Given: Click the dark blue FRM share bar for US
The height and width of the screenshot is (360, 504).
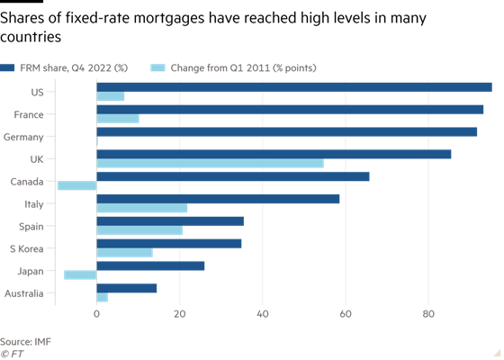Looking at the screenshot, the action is (294, 87).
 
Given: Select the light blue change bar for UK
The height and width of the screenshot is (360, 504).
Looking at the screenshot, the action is (211, 163).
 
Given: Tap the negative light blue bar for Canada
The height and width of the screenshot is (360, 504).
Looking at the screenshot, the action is (77, 185).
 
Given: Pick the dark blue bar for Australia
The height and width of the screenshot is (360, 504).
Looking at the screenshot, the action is (127, 288).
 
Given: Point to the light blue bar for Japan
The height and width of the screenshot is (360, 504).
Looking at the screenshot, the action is (80, 274).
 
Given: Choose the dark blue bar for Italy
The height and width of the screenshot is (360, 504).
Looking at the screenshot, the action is (218, 199).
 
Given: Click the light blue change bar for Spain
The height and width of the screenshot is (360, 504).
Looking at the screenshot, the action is (139, 230).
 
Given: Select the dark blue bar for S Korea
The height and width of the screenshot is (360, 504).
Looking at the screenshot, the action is (169, 244).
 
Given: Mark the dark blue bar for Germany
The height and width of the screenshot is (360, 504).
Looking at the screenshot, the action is (287, 131).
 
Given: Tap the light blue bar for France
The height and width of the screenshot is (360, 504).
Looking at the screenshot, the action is (118, 119).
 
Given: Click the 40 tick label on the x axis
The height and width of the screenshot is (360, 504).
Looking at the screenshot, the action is (263, 314).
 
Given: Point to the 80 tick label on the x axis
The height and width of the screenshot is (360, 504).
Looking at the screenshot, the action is (428, 314).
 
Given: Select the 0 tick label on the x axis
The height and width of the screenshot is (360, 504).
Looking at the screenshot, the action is (97, 314).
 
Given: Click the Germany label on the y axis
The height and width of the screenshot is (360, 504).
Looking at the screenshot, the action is (23, 137).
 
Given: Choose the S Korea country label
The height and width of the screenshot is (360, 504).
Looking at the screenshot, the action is (27, 248).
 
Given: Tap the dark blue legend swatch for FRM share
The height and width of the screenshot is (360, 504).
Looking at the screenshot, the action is (7, 67).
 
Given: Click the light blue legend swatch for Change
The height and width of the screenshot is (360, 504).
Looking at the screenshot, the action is (157, 67).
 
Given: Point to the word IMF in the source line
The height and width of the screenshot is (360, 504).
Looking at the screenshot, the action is (43, 342).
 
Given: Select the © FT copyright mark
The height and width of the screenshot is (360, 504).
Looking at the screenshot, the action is (12, 354).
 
